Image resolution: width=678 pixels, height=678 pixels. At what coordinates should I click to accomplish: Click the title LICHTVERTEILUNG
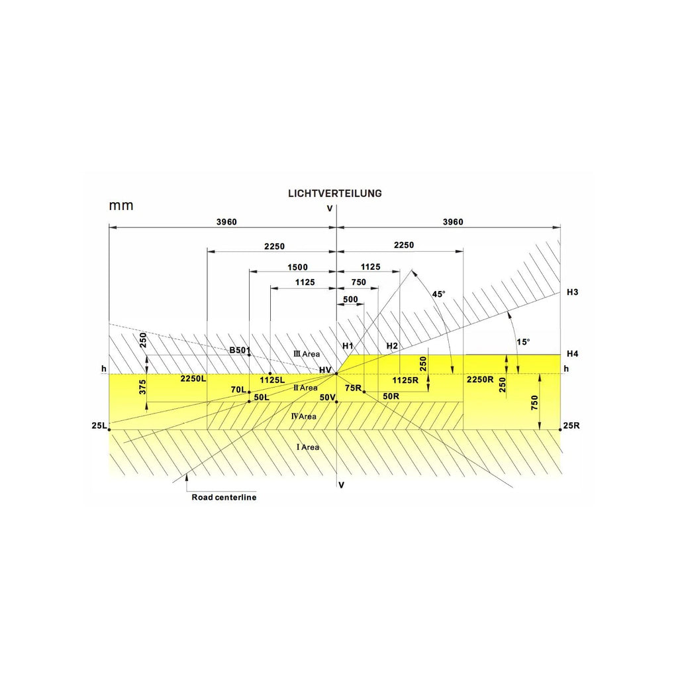pyautogui.click(x=334, y=194)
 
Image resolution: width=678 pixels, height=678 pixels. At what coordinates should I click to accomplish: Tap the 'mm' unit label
pyautogui.click(x=121, y=205)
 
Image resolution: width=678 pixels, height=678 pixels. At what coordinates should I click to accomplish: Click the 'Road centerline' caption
pyautogui.click(x=224, y=498)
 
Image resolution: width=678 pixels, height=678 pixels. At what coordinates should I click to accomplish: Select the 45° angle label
pyautogui.click(x=438, y=294)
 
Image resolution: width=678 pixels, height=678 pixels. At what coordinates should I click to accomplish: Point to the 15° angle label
pyautogui.click(x=523, y=342)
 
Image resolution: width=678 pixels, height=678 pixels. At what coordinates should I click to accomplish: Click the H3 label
pyautogui.click(x=573, y=292)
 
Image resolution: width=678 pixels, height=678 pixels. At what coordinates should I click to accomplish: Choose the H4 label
pyautogui.click(x=573, y=354)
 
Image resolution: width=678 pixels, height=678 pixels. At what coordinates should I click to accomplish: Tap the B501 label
pyautogui.click(x=240, y=350)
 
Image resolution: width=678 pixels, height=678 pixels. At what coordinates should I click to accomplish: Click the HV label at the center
pyautogui.click(x=325, y=370)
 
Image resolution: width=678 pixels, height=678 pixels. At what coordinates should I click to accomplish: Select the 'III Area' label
pyautogui.click(x=307, y=354)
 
